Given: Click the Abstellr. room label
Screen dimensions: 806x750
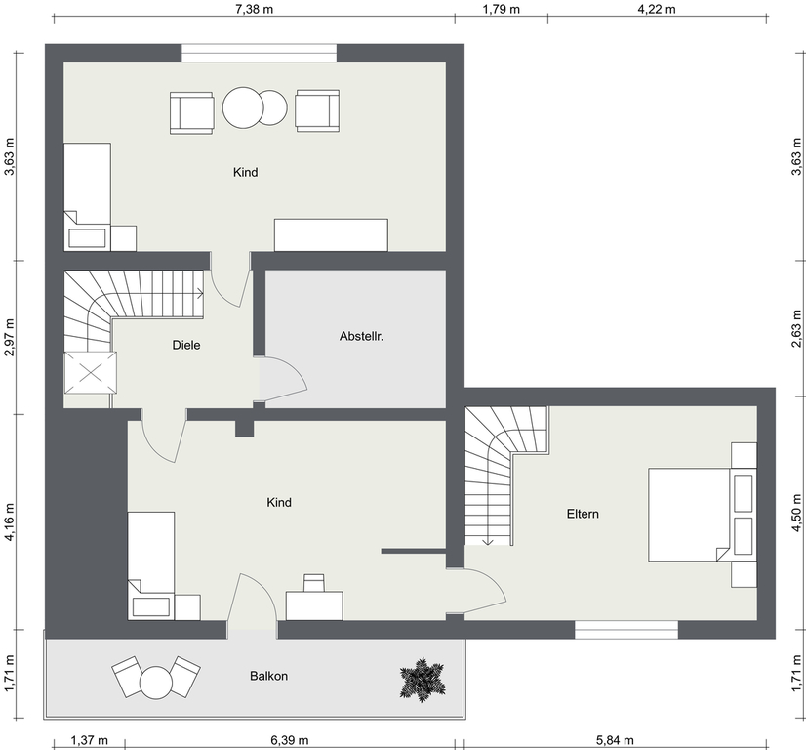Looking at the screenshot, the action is [x=361, y=336].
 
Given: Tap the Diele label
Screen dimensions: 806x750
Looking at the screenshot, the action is [x=186, y=345].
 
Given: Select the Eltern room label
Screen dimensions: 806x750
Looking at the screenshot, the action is [x=583, y=514].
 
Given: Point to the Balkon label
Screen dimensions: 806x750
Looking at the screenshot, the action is [x=268, y=676].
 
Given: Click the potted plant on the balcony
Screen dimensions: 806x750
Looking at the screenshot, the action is [x=422, y=680].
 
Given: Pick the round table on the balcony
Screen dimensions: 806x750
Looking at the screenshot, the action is [x=156, y=682].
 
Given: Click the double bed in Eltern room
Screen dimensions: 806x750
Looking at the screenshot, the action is [x=690, y=515].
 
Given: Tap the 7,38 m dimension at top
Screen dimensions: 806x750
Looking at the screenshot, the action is [x=255, y=9].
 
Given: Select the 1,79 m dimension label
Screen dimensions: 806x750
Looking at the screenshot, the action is [x=502, y=9].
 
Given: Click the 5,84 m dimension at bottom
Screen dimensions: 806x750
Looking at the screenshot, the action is [x=615, y=741].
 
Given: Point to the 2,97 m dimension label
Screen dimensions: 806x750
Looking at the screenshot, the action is [x=9, y=338].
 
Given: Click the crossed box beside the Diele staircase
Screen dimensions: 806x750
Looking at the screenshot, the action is [x=90, y=373].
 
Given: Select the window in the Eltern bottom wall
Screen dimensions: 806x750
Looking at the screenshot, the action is [x=626, y=630].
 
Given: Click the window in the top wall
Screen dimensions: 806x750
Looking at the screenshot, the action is [x=260, y=53].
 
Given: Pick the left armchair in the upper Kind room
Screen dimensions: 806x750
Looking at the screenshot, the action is [x=191, y=113].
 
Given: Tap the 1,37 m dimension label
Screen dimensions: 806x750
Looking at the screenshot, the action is [x=89, y=741].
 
